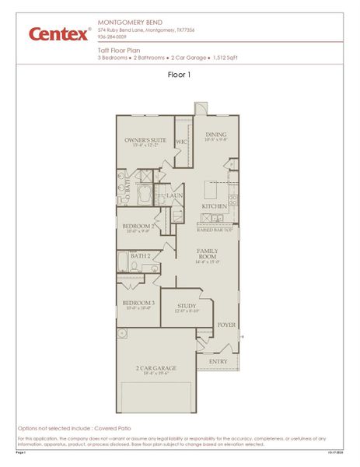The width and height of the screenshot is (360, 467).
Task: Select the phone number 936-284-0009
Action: pyautogui.click(x=114, y=37)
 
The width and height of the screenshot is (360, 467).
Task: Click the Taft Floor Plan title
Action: pyautogui.click(x=119, y=50)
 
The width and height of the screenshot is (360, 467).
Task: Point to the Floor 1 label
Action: pyautogui.click(x=180, y=75)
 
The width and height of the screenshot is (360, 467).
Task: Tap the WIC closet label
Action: pyautogui.click(x=181, y=142)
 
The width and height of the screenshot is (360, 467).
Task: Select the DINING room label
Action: pyautogui.click(x=215, y=135)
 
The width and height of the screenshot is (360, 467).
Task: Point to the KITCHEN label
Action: pyautogui.click(x=214, y=206)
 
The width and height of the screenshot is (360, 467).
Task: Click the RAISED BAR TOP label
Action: pyautogui.click(x=215, y=230)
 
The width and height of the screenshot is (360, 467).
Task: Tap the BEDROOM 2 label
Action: pyautogui.click(x=140, y=226)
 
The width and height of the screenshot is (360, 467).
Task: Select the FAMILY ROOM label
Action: pyautogui.click(x=207, y=254)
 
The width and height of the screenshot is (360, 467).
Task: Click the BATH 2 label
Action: pyautogui.click(x=140, y=255)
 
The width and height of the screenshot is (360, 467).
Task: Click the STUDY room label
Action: pyautogui.click(x=187, y=306)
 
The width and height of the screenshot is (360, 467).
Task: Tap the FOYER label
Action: pyautogui.click(x=226, y=325)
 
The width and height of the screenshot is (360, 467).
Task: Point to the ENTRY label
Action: pyautogui.click(x=219, y=361)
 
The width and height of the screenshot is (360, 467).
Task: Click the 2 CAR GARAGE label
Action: pyautogui.click(x=156, y=368)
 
